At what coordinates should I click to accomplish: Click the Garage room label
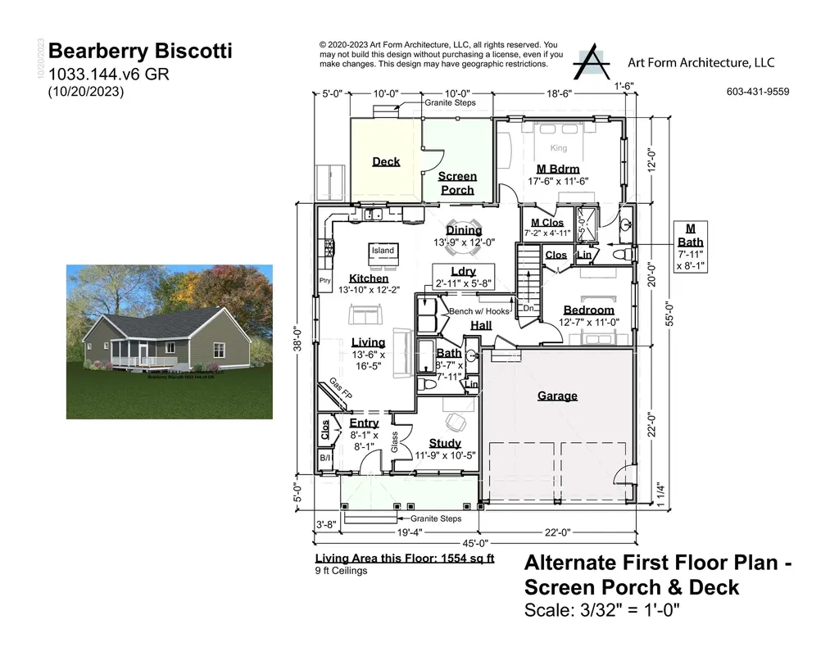tap(557, 396)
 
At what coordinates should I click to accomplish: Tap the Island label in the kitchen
tap(383, 251)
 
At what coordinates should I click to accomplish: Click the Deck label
tap(386, 161)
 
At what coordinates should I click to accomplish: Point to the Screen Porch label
tap(457, 183)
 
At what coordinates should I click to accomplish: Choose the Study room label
tap(445, 443)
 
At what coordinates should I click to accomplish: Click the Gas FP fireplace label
tap(340, 388)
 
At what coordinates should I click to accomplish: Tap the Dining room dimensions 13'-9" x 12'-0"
tap(464, 242)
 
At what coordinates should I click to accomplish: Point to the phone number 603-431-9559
tap(757, 92)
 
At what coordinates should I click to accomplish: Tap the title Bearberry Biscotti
tap(140, 52)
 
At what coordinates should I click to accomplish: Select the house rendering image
tap(169, 342)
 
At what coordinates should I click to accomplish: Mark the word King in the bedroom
tap(558, 148)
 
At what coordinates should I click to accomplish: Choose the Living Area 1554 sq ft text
tap(405, 559)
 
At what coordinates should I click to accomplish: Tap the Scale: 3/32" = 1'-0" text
tap(601, 610)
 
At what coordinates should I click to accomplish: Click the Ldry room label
tap(463, 272)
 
